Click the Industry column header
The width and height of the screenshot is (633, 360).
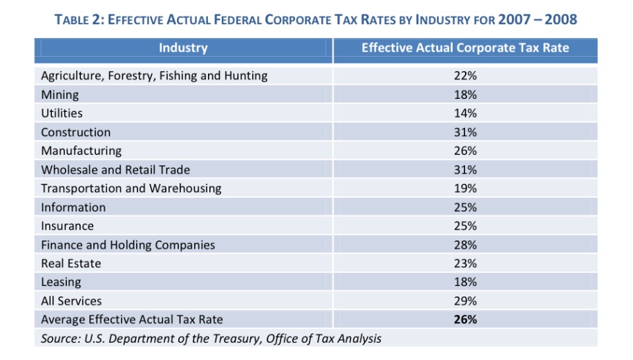(x=183, y=48)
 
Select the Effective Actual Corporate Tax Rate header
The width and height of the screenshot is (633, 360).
(x=465, y=48)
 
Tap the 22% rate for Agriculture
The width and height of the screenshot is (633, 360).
(x=465, y=76)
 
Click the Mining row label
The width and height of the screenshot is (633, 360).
(x=60, y=95)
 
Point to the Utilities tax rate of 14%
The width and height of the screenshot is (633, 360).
(x=465, y=113)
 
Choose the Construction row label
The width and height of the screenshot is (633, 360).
(x=76, y=132)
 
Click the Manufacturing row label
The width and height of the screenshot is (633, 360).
(x=81, y=151)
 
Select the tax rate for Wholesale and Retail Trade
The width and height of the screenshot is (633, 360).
(x=465, y=169)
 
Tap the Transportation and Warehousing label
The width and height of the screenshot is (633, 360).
(x=131, y=188)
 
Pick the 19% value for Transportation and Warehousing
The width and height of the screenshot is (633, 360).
(x=465, y=188)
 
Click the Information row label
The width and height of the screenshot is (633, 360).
(x=73, y=207)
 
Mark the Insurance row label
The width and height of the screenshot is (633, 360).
(x=67, y=226)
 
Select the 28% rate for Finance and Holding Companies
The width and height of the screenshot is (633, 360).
(x=465, y=245)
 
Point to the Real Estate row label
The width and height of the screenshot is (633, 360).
(x=70, y=263)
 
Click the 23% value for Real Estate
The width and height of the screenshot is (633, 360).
(x=465, y=263)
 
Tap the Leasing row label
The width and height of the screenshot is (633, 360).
(x=61, y=282)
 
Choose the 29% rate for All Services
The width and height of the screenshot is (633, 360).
(x=465, y=301)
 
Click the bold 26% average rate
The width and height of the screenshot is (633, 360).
(x=465, y=319)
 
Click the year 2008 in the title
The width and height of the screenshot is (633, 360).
(x=560, y=19)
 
